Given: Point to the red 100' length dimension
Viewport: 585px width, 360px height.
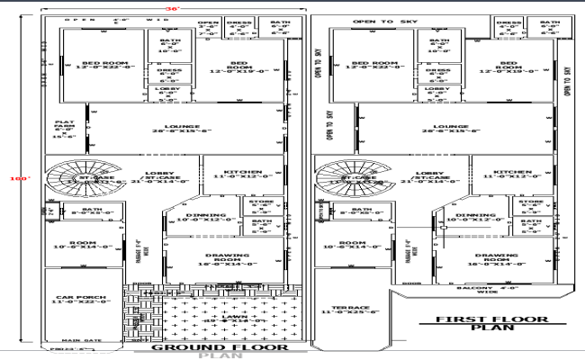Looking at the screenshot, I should [x=13, y=178].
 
